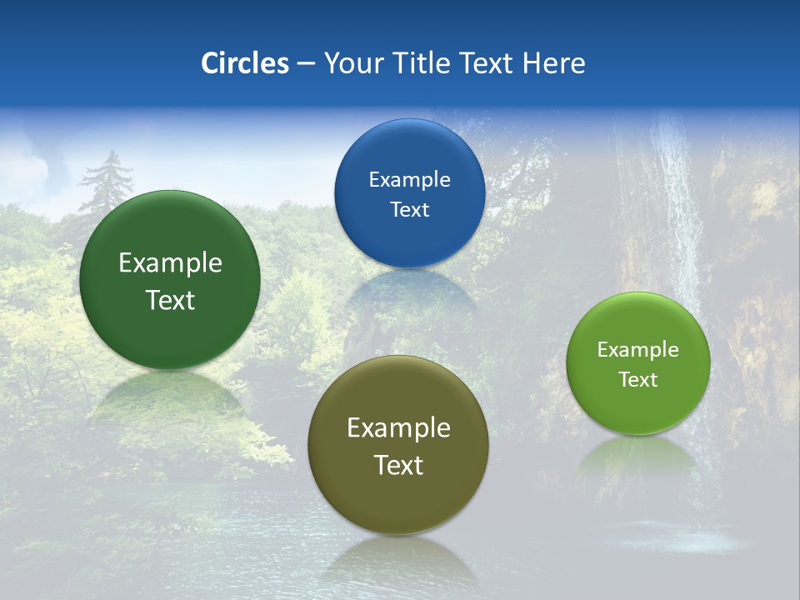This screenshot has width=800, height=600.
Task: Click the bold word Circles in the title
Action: (245, 63)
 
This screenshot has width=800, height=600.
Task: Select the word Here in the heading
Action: (553, 63)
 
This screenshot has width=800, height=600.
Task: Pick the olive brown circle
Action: (398, 500)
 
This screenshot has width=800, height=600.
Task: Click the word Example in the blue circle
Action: (409, 180)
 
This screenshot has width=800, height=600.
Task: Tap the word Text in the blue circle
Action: (409, 209)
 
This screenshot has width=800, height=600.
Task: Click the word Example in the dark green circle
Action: (170, 263)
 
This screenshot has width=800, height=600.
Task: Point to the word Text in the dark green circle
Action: (170, 300)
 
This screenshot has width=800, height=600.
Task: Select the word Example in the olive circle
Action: (398, 428)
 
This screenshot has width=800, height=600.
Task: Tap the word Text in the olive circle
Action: (398, 465)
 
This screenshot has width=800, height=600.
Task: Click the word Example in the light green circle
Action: (638, 350)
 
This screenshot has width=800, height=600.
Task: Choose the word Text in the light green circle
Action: (638, 380)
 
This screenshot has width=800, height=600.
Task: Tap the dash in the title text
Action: (306, 64)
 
